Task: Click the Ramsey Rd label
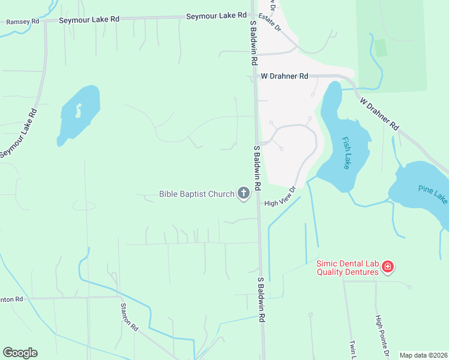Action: [22, 22]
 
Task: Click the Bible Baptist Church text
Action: [196, 194]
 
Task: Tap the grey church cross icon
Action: [244, 193]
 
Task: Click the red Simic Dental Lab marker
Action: [388, 266]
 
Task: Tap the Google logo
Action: [20, 353]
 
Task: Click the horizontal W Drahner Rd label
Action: [284, 76]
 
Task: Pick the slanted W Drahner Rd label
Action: [379, 115]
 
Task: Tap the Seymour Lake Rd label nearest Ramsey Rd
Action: [89, 20]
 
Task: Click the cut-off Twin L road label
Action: [352, 349]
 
